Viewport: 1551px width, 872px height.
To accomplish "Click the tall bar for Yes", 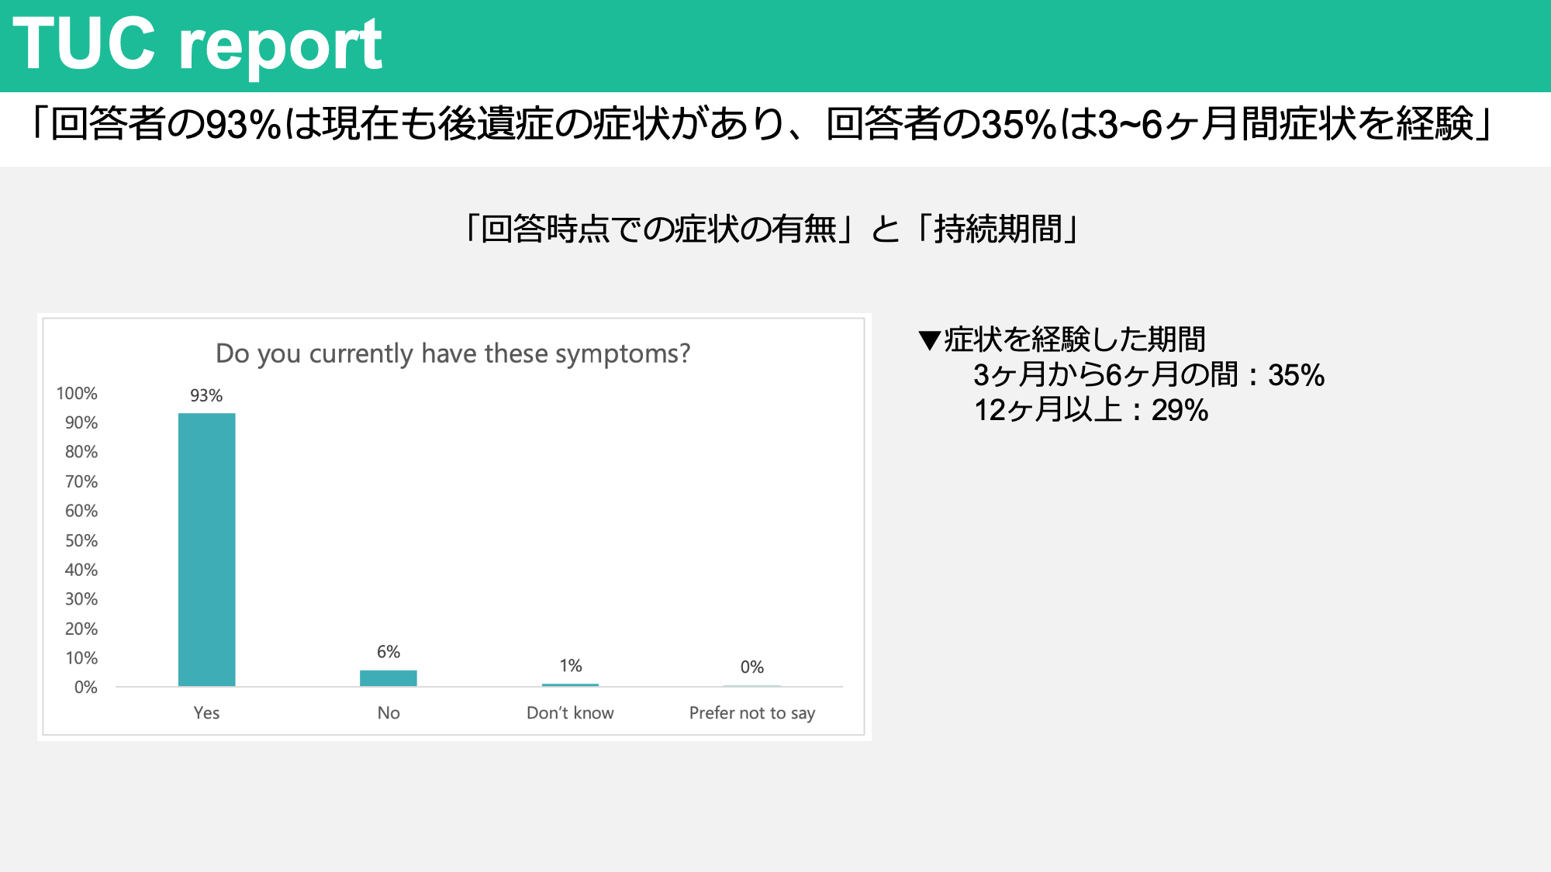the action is (206, 550).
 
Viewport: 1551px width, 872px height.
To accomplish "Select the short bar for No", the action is (389, 678).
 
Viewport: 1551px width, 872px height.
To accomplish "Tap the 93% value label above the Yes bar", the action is (206, 395).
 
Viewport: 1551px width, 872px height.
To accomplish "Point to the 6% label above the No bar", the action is (389, 652).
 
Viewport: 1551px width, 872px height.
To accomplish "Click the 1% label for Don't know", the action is (571, 666).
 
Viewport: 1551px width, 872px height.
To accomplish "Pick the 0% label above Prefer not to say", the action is (752, 667).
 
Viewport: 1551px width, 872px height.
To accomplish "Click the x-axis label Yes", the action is (206, 712).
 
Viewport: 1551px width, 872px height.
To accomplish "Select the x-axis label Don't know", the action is (570, 712).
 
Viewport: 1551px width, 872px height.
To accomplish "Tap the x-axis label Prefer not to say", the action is (752, 713).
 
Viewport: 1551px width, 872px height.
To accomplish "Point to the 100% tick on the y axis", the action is (77, 393).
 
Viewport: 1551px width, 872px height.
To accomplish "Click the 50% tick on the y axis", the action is (81, 540).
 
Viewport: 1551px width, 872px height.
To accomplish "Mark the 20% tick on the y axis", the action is (81, 629).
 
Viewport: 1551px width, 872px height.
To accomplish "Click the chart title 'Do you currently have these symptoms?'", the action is (453, 353).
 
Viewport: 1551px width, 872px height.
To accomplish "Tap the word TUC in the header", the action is (85, 43).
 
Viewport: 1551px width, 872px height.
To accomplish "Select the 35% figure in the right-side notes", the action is (1296, 375).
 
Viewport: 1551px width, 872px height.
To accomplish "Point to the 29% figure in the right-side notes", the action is (1180, 410).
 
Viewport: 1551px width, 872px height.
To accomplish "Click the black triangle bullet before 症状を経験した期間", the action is (929, 340).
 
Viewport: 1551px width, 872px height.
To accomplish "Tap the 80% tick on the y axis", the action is (81, 452).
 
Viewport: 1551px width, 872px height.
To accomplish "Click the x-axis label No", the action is (389, 712).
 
